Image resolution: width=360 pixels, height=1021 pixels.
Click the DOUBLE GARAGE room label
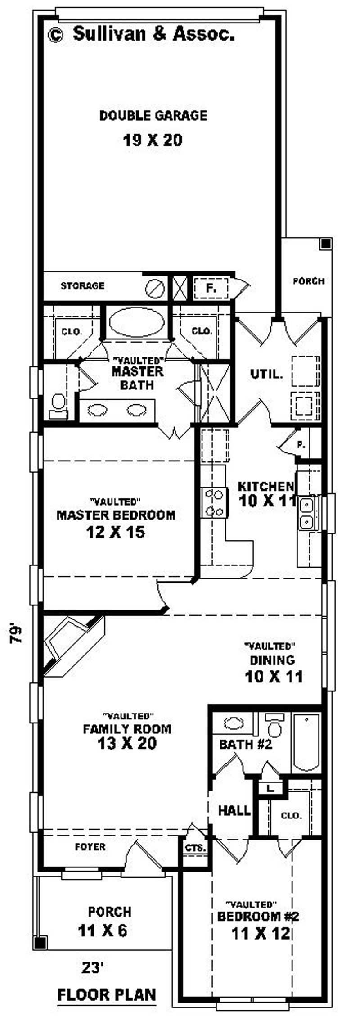(x=153, y=116)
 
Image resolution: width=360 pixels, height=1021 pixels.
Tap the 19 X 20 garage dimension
(x=153, y=140)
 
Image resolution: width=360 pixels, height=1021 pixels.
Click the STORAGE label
(x=82, y=286)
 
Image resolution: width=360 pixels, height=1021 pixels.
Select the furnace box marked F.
(x=211, y=287)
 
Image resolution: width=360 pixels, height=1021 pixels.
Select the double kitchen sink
(x=307, y=513)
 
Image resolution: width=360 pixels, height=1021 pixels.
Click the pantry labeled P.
(x=301, y=445)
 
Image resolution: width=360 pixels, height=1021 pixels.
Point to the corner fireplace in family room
(x=72, y=647)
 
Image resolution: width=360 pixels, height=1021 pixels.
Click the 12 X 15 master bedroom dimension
(x=115, y=533)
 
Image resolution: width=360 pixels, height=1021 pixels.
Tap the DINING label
(x=272, y=660)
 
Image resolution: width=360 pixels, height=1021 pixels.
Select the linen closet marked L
(x=270, y=788)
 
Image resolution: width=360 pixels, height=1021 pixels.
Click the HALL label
(x=234, y=811)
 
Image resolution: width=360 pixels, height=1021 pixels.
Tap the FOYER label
(x=90, y=847)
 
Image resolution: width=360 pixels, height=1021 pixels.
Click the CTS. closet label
(x=195, y=848)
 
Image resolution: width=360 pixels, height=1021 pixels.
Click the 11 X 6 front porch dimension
(x=103, y=930)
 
